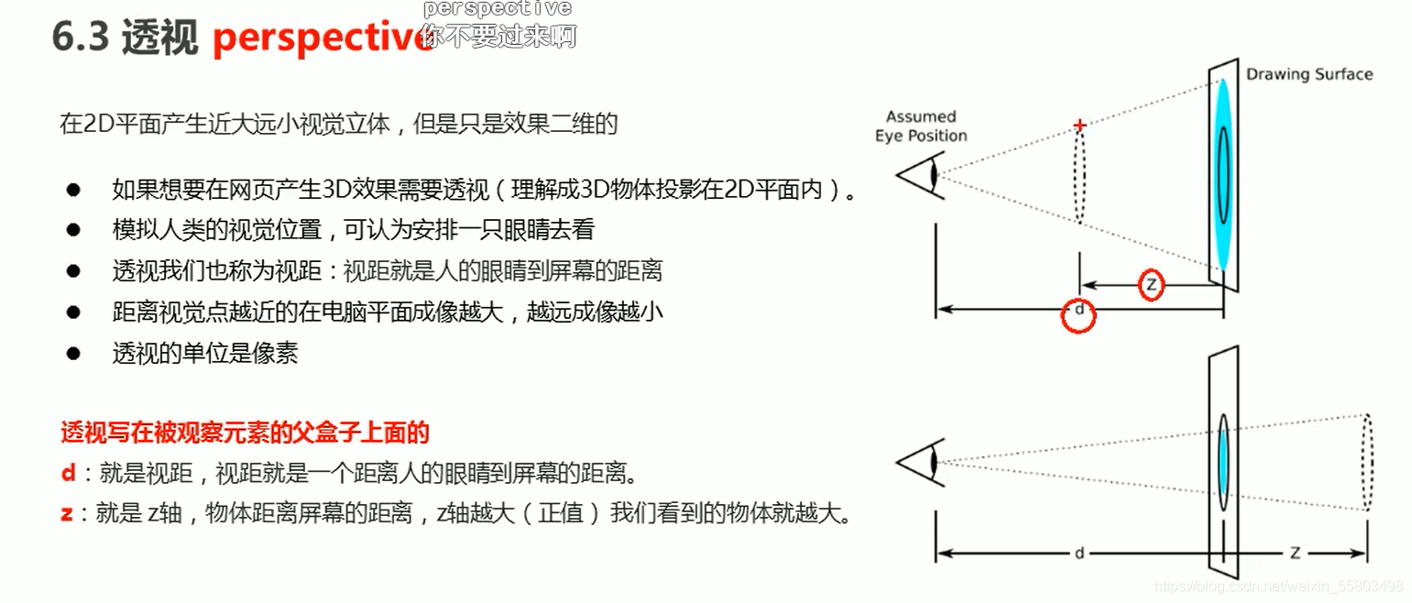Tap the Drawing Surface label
tap(1308, 74)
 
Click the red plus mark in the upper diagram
tap(1080, 125)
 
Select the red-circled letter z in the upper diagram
tap(1152, 285)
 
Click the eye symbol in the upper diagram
tap(919, 173)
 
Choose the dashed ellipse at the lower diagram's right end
tap(1367, 463)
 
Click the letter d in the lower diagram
tap(1079, 554)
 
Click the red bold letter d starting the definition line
tap(68, 474)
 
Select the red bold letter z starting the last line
tap(67, 513)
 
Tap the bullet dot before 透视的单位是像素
tap(73, 354)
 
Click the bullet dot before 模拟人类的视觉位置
tap(73, 230)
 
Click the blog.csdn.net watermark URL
tap(1278, 586)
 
